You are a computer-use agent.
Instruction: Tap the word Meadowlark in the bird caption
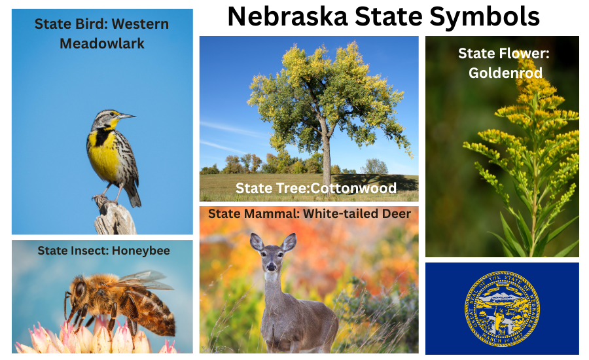tap(102, 44)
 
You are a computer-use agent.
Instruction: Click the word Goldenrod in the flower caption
tap(505, 73)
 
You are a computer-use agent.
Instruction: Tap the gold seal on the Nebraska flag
tap(502, 308)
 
